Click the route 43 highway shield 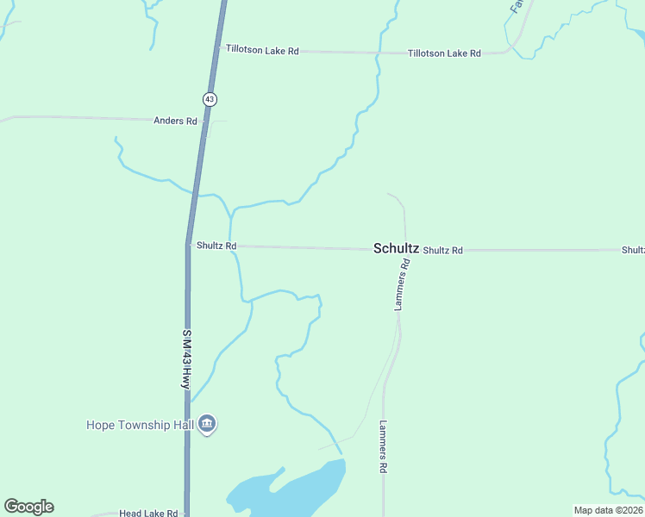[x=210, y=99]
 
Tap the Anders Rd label [x=175, y=121]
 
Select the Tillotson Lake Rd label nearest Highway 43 [x=262, y=51]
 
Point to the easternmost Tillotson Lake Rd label [x=444, y=53]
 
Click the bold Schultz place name [x=396, y=248]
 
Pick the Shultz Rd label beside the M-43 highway [x=216, y=246]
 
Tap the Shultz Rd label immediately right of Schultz [x=443, y=250]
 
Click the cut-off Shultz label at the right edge [x=633, y=250]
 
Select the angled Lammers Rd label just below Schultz [x=402, y=284]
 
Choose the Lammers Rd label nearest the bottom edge [x=383, y=446]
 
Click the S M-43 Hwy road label [x=185, y=358]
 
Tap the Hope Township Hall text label [x=140, y=425]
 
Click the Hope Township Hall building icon [x=207, y=424]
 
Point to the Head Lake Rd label [x=148, y=513]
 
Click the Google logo [x=28, y=507]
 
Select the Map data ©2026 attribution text [x=608, y=510]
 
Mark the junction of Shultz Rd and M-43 [x=188, y=245]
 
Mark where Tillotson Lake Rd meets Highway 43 [x=218, y=49]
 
